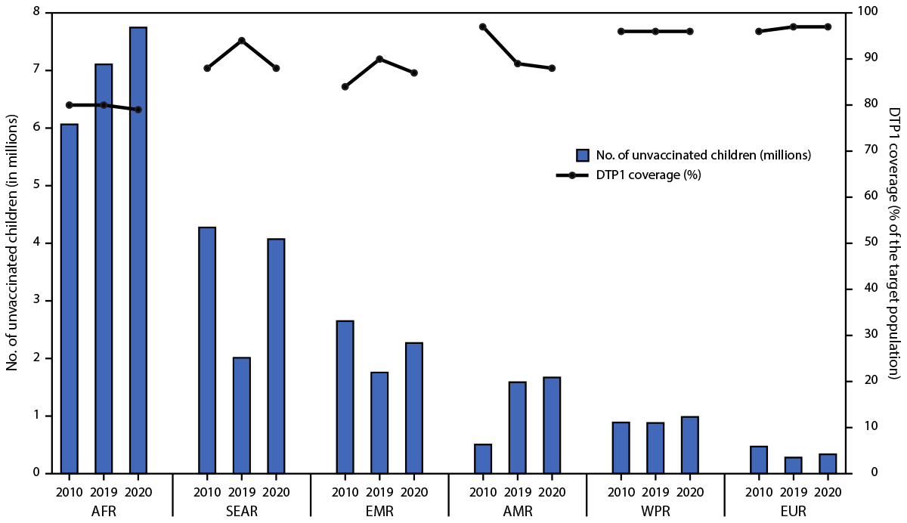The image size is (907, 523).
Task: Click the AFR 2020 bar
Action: (x=138, y=250)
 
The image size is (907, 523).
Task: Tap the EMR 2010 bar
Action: (x=345, y=397)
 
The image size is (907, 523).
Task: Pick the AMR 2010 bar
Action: (x=483, y=458)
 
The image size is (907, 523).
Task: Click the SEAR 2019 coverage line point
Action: (x=241, y=40)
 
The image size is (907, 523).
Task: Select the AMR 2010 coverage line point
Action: (x=483, y=26)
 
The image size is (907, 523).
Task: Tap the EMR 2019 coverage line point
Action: (x=379, y=59)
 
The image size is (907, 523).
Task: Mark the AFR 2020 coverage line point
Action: (x=138, y=110)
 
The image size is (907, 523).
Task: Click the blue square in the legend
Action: (x=583, y=155)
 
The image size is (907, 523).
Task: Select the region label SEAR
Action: (x=241, y=512)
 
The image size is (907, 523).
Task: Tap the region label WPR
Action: (x=655, y=512)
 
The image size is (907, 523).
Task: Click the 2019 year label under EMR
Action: (x=379, y=491)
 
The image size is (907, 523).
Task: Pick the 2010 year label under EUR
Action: (x=758, y=491)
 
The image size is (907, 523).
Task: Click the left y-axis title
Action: (x=12, y=243)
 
